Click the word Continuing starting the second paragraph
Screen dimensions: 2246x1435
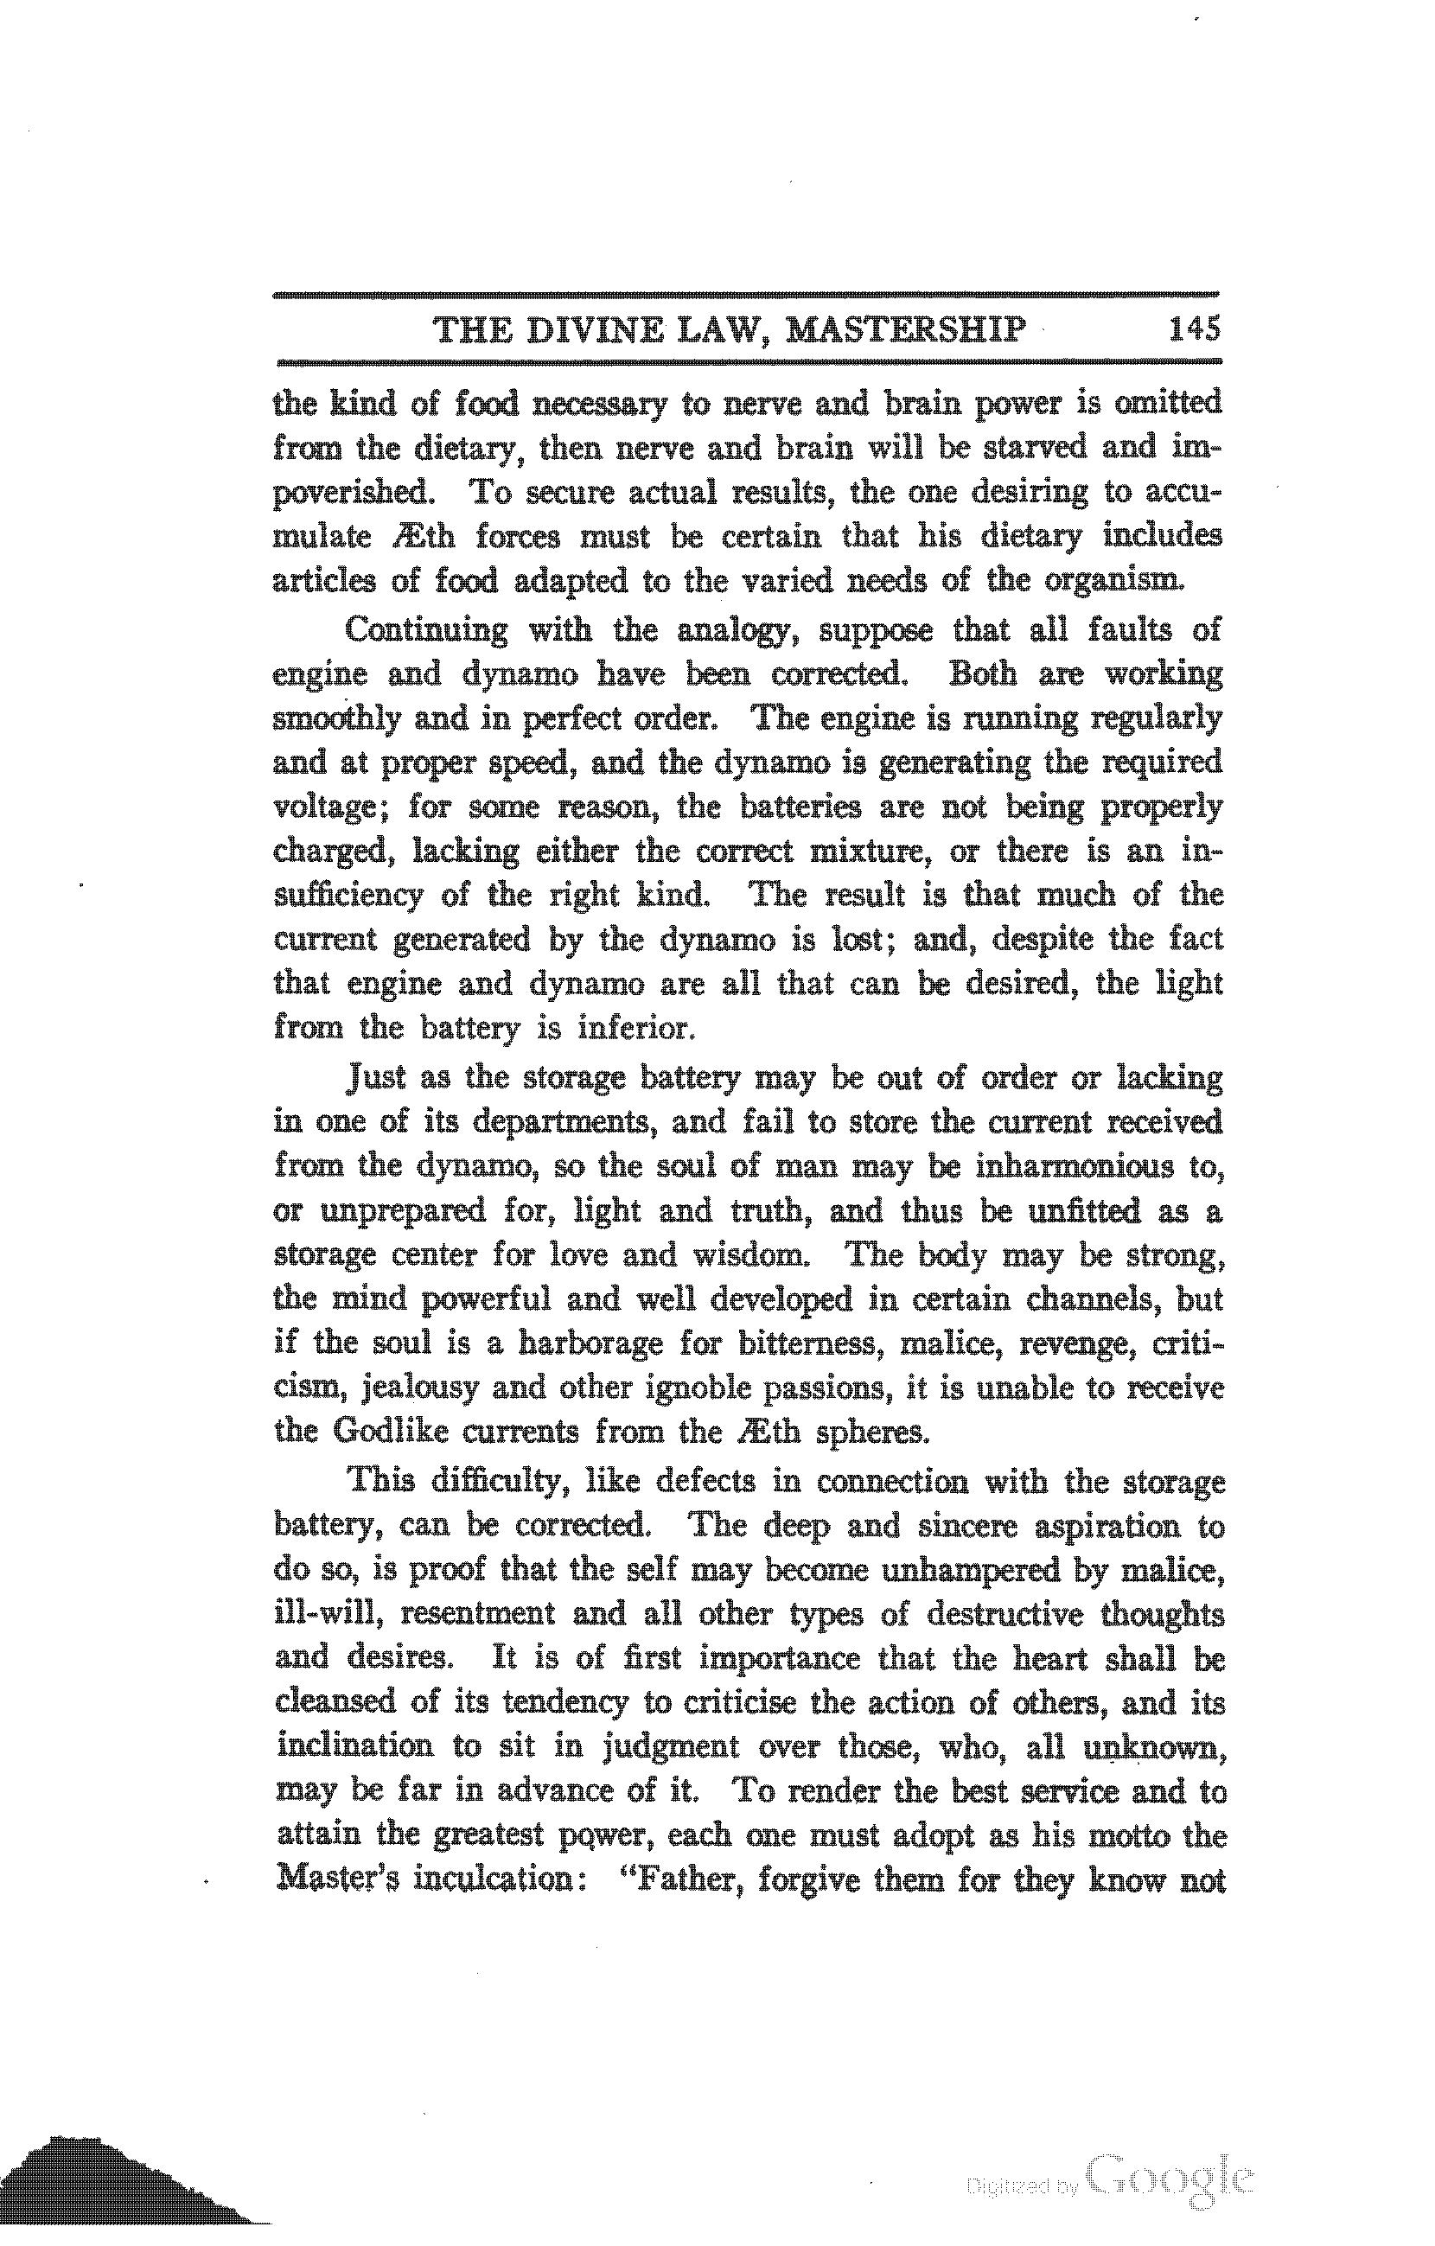tap(426, 630)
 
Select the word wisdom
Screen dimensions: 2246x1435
tap(751, 1254)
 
